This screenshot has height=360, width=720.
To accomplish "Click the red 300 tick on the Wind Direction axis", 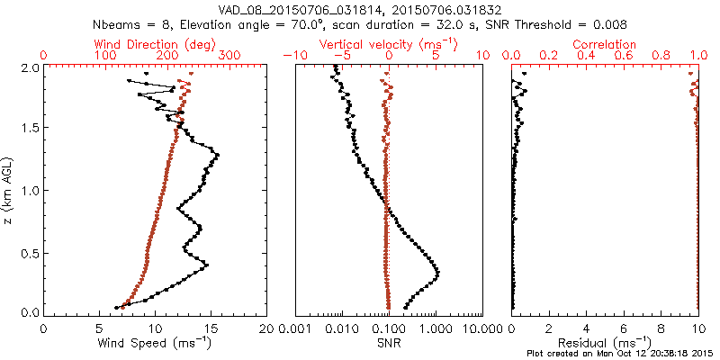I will (230, 56).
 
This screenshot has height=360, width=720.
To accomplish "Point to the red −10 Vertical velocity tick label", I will (294, 56).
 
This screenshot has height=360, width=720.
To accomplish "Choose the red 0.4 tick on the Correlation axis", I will (587, 56).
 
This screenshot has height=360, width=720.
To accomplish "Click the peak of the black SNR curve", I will (437, 273).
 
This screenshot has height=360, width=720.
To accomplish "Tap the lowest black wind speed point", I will (116, 307).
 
